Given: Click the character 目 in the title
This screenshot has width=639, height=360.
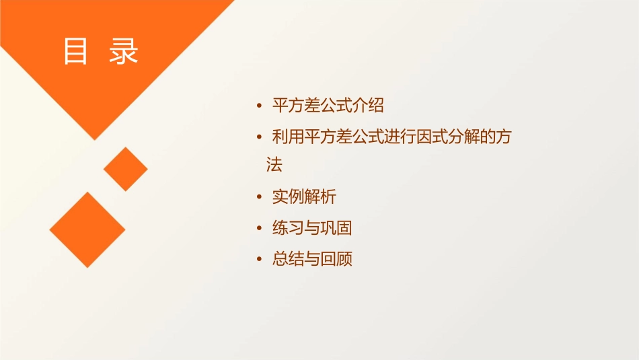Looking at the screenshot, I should pyautogui.click(x=75, y=52).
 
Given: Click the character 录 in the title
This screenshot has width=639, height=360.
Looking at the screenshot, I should pyautogui.click(x=124, y=52).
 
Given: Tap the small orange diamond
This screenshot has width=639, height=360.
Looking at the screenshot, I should pyautogui.click(x=126, y=169).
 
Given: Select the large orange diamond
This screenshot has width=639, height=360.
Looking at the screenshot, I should pyautogui.click(x=87, y=229).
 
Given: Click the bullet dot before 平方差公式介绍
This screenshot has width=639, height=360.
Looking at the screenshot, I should pyautogui.click(x=260, y=106).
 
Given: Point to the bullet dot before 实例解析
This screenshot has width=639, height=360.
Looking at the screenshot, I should pyautogui.click(x=260, y=197).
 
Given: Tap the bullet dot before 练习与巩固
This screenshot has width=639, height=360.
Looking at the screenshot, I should pyautogui.click(x=260, y=228).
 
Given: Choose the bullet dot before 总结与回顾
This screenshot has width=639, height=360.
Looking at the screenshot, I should pyautogui.click(x=260, y=259).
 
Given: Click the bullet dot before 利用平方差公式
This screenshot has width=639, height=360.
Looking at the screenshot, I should pyautogui.click(x=260, y=137).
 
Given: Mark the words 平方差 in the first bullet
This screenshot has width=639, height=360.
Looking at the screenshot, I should pyautogui.click(x=296, y=106).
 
